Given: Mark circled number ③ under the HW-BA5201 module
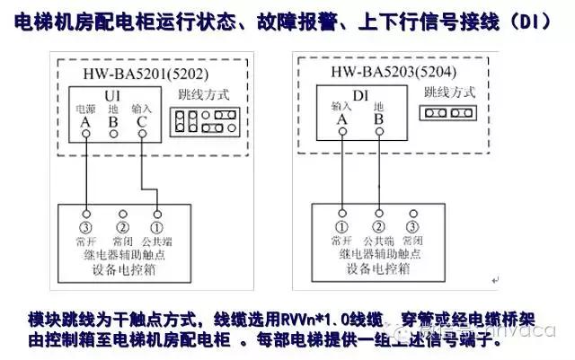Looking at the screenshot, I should click(x=85, y=215).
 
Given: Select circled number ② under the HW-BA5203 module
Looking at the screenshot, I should click(x=378, y=225).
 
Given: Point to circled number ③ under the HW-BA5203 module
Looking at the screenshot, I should click(x=412, y=225).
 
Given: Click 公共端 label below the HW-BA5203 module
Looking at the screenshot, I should click(x=378, y=241).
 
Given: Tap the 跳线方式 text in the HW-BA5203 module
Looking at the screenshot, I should click(x=447, y=92).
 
